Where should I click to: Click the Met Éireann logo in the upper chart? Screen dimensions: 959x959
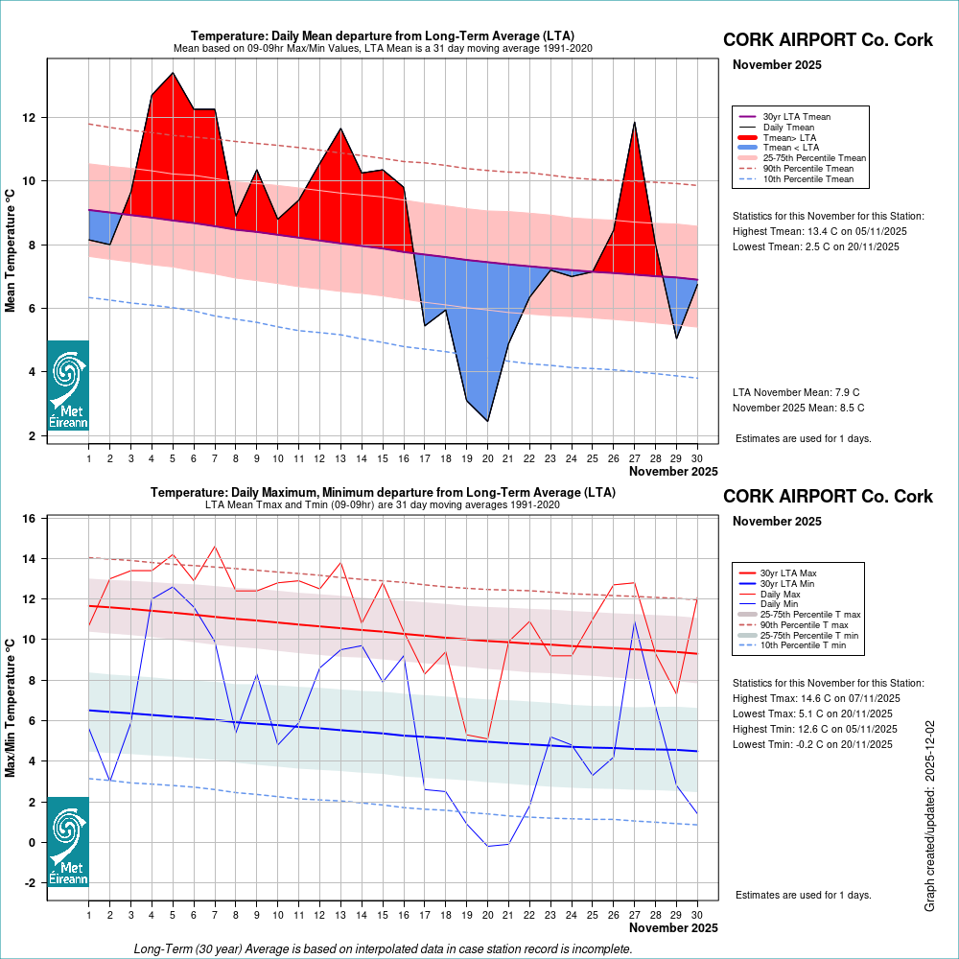pyautogui.click(x=68, y=385)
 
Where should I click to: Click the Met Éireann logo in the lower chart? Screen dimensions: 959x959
pyautogui.click(x=68, y=841)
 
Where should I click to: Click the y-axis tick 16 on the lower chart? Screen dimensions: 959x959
pyautogui.click(x=31, y=519)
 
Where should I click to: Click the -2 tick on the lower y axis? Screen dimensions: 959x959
pyautogui.click(x=31, y=882)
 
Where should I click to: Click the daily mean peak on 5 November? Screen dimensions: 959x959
pyautogui.click(x=173, y=73)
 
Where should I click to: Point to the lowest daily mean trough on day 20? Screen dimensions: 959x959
pyautogui.click(x=488, y=421)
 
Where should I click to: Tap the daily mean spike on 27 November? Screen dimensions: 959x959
pyautogui.click(x=634, y=122)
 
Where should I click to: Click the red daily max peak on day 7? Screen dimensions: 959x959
pyautogui.click(x=215, y=547)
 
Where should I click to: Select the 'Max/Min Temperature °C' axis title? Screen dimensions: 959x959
pyautogui.click(x=12, y=707)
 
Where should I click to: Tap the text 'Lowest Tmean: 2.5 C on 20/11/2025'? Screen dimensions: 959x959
pyautogui.click(x=815, y=246)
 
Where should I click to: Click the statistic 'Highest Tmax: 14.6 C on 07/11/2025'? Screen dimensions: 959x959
pyautogui.click(x=814, y=698)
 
